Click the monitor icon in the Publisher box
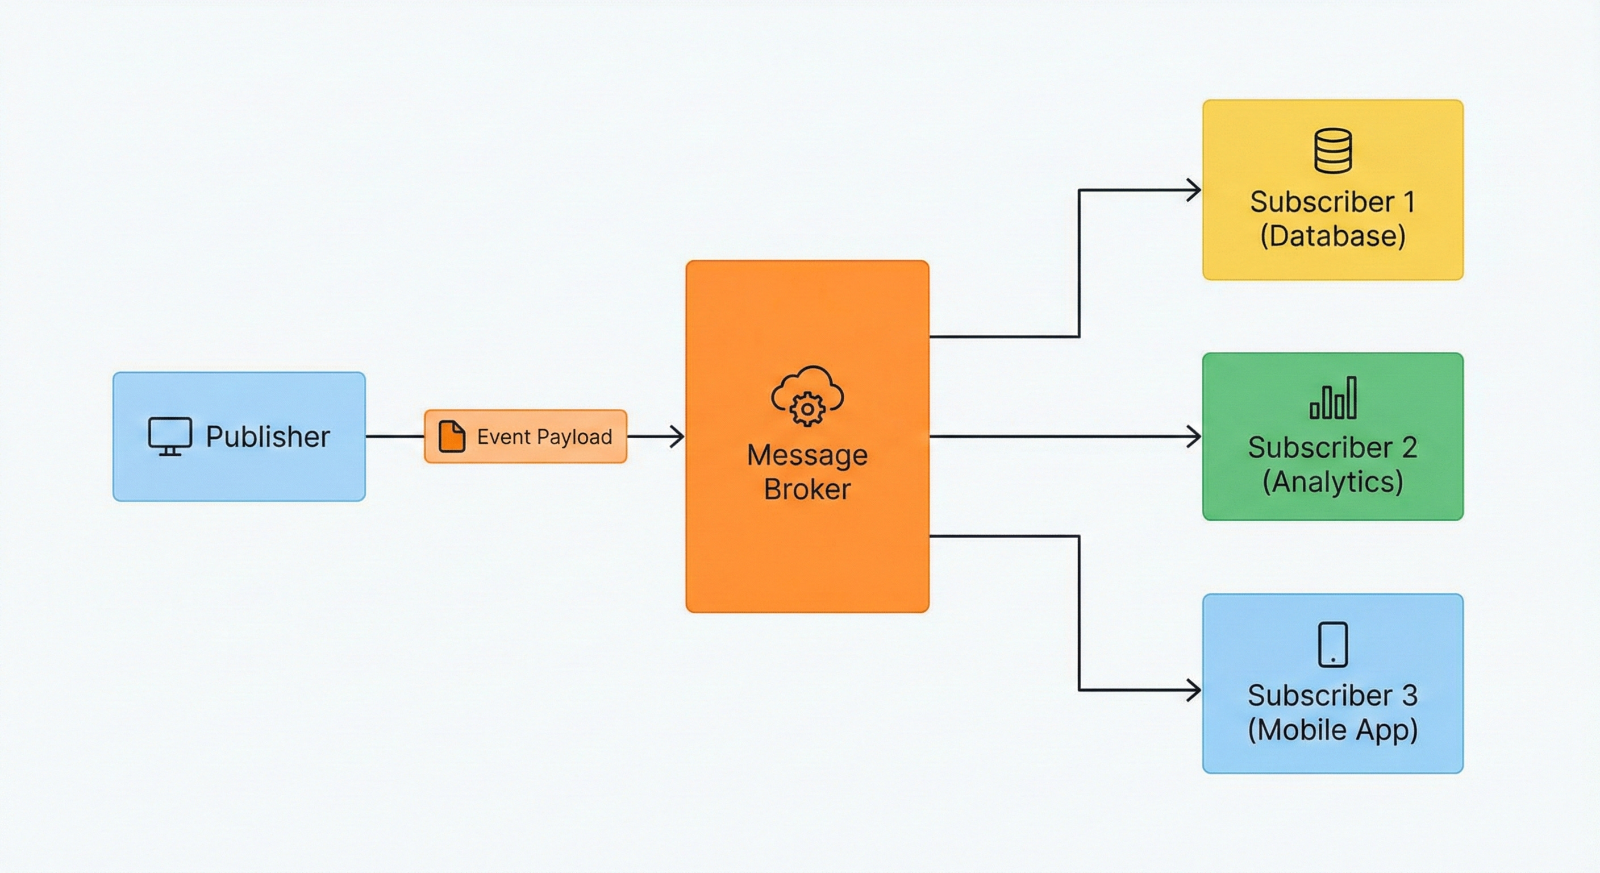click(x=169, y=436)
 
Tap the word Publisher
click(x=268, y=437)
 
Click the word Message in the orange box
click(x=807, y=455)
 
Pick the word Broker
click(x=807, y=489)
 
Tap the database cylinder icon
click(x=1333, y=151)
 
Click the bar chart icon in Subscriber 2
click(x=1333, y=398)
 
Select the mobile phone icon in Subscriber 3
click(x=1333, y=645)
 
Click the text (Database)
click(x=1333, y=236)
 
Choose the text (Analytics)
click(x=1333, y=482)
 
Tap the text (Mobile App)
click(x=1333, y=729)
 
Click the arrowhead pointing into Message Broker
click(x=677, y=437)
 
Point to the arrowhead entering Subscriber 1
click(x=1194, y=190)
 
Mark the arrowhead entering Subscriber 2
click(x=1194, y=437)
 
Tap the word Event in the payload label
click(x=503, y=437)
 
